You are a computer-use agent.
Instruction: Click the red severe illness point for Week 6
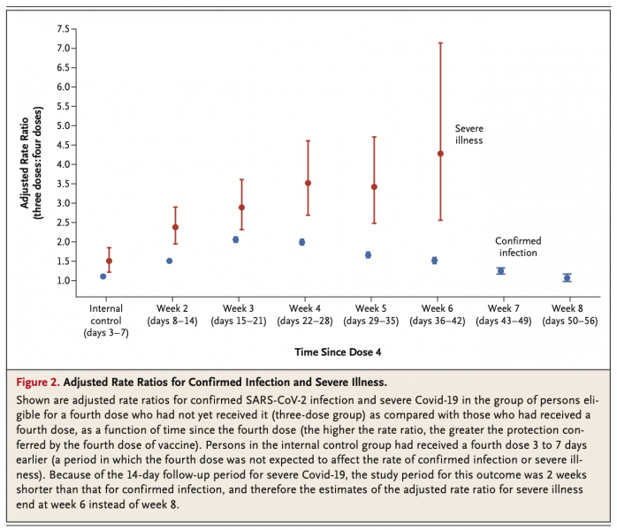click(x=440, y=154)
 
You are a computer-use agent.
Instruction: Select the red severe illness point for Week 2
click(x=175, y=227)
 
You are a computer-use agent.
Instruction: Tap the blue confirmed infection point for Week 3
click(x=236, y=239)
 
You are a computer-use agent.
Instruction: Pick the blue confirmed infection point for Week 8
click(x=567, y=277)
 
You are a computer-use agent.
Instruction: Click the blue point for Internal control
click(x=103, y=276)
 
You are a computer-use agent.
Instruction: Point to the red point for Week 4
click(x=308, y=183)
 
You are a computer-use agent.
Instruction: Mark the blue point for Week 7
click(x=500, y=271)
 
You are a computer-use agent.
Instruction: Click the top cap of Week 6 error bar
click(x=440, y=42)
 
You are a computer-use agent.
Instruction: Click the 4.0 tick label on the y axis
click(x=63, y=164)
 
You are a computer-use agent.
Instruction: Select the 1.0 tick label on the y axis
click(x=63, y=281)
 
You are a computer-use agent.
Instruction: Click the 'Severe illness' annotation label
click(x=468, y=134)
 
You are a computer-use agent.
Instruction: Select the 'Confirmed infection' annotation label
click(x=518, y=246)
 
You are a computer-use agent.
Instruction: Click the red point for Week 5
click(x=374, y=186)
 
